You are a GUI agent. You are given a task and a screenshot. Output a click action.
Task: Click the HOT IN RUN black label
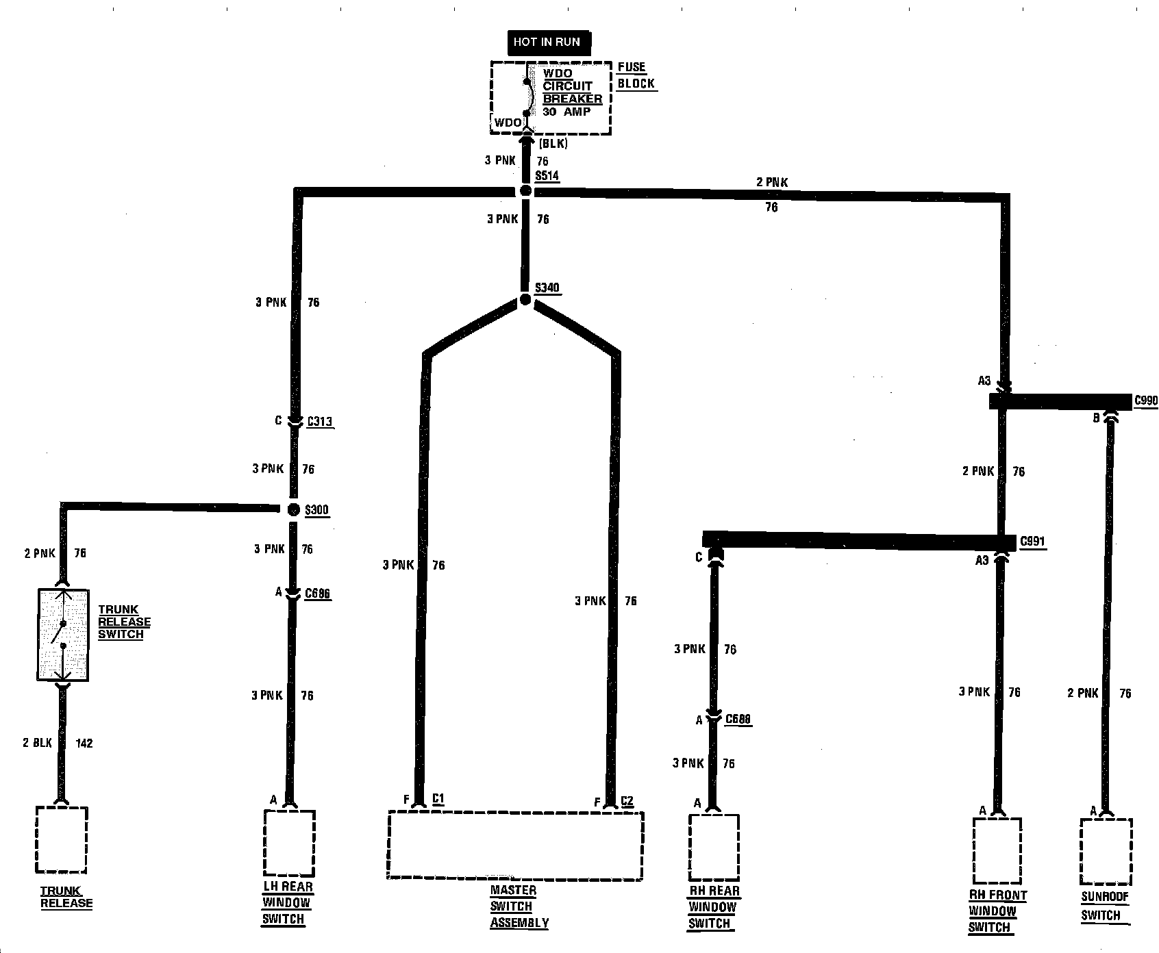[547, 42]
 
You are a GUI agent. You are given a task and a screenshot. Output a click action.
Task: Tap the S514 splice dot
[525, 191]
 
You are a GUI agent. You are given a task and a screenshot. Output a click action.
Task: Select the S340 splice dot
[525, 300]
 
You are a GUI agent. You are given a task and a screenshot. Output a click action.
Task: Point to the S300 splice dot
[293, 509]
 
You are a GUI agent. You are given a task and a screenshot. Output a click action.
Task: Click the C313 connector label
[319, 421]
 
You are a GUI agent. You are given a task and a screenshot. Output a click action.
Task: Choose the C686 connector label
[318, 593]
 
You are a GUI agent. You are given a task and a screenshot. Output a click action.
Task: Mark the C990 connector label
[1146, 401]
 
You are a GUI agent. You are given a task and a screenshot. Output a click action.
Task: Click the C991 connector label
[1032, 542]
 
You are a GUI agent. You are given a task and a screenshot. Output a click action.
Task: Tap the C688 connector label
[738, 719]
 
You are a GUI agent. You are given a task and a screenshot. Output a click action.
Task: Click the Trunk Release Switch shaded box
[62, 635]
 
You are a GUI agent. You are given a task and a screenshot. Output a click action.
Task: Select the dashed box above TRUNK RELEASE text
[62, 840]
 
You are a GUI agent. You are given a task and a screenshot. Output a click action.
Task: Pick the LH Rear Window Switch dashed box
[289, 843]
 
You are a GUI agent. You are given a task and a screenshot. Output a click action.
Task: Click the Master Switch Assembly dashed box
[515, 846]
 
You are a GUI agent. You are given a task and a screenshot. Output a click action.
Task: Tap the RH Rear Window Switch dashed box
[714, 847]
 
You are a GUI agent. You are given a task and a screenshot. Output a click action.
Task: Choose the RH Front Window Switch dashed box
[997, 850]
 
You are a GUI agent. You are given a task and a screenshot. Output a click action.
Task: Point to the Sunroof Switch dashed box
[1104, 850]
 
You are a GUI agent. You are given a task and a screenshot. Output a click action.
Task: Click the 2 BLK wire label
[38, 743]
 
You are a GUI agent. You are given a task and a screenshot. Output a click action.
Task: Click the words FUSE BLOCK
[635, 75]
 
